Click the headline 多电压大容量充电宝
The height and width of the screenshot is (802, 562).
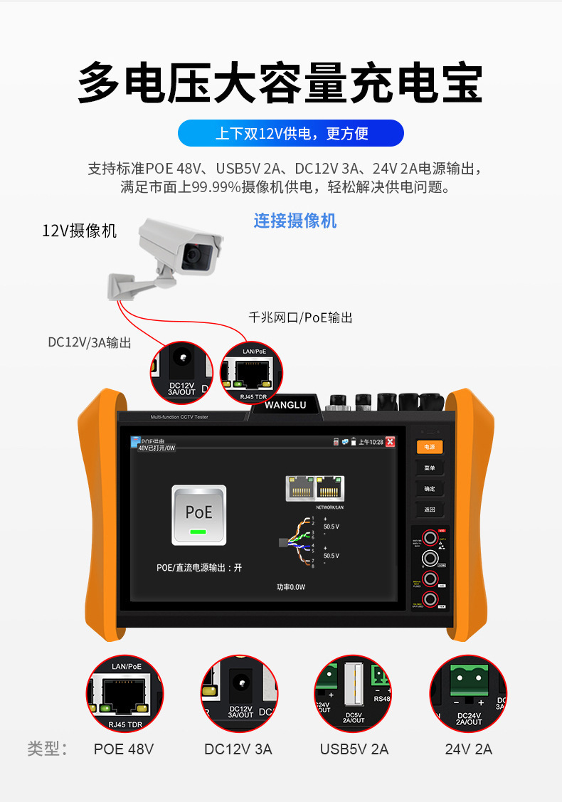[280, 84]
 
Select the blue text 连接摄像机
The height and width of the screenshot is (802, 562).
[295, 221]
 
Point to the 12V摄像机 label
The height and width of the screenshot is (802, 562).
[79, 231]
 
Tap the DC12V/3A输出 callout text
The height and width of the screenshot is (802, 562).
[90, 342]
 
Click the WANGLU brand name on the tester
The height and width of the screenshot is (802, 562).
[285, 405]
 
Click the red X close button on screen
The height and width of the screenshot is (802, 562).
[390, 442]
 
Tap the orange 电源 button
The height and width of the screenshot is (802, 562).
[430, 447]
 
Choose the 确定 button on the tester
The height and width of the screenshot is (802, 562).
[430, 489]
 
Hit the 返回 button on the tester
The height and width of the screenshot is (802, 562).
[430, 510]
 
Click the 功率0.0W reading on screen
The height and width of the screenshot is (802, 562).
[291, 587]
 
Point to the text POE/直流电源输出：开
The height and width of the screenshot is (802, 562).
[199, 568]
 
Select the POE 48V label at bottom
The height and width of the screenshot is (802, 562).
[124, 749]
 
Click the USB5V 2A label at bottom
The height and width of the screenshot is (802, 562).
[354, 749]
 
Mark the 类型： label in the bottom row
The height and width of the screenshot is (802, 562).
[48, 749]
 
